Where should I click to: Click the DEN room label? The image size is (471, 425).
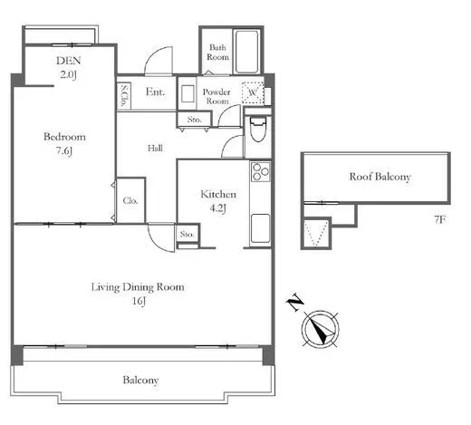click(69, 61)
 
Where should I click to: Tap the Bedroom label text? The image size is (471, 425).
click(64, 137)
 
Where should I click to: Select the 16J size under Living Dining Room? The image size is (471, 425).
click(139, 301)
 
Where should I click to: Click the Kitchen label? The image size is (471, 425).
click(218, 194)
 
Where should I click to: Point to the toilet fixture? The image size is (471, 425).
click(258, 130)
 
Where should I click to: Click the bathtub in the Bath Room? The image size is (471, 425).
click(246, 52)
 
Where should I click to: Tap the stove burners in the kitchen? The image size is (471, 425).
click(260, 171)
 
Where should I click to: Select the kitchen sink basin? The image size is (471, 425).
click(260, 228)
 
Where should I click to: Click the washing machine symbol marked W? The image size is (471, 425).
click(253, 92)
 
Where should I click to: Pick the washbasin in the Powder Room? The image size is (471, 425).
click(187, 93)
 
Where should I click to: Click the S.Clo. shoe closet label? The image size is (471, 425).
click(124, 95)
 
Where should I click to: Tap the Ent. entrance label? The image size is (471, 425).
click(155, 92)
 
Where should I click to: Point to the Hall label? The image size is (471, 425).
click(155, 148)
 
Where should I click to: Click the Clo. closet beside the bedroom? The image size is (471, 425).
click(130, 200)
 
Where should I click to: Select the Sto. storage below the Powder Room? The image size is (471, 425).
click(194, 120)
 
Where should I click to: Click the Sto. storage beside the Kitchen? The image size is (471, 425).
click(187, 234)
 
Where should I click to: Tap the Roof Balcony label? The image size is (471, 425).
click(380, 177)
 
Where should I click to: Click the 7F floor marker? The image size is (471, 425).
click(440, 219)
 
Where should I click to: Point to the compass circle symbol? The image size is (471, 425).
click(321, 329)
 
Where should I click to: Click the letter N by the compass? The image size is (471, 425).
click(294, 302)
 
